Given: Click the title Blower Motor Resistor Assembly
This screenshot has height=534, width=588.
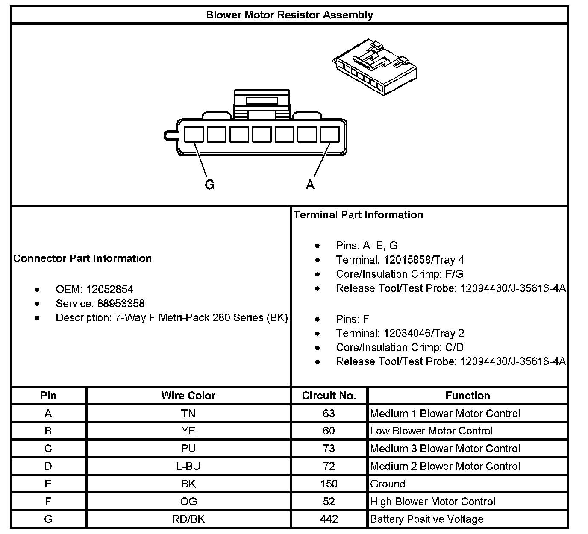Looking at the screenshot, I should click(289, 15).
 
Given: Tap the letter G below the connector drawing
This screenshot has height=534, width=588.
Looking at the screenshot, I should click(209, 185).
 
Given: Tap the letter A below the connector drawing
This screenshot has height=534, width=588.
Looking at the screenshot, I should click(310, 185).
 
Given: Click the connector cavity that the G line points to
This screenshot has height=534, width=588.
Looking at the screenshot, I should click(194, 135).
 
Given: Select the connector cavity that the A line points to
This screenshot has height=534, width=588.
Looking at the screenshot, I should click(329, 135).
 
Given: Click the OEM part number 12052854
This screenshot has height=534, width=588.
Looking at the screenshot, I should click(109, 289).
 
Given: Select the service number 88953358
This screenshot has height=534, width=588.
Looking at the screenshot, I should click(115, 304).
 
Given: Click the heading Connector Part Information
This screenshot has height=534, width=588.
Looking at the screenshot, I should click(82, 258).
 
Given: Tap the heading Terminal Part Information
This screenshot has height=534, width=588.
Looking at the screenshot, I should click(358, 215).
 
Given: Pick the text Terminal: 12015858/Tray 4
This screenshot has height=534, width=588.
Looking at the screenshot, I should click(400, 260).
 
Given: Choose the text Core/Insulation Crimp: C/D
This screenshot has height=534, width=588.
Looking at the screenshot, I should click(400, 347).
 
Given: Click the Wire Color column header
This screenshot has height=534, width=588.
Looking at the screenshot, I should click(188, 396).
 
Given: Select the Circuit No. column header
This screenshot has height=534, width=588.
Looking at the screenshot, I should click(329, 396).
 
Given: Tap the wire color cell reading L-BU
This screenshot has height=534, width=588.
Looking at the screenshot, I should click(188, 466).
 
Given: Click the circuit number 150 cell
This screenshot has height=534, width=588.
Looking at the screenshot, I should click(329, 484).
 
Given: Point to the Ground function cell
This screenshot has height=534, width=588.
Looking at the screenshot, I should click(388, 484).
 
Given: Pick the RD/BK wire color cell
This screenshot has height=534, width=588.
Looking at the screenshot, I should click(188, 519).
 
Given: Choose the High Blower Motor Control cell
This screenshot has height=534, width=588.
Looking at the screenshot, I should click(432, 502).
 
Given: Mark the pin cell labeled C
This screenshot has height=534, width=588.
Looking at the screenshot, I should click(48, 449).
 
